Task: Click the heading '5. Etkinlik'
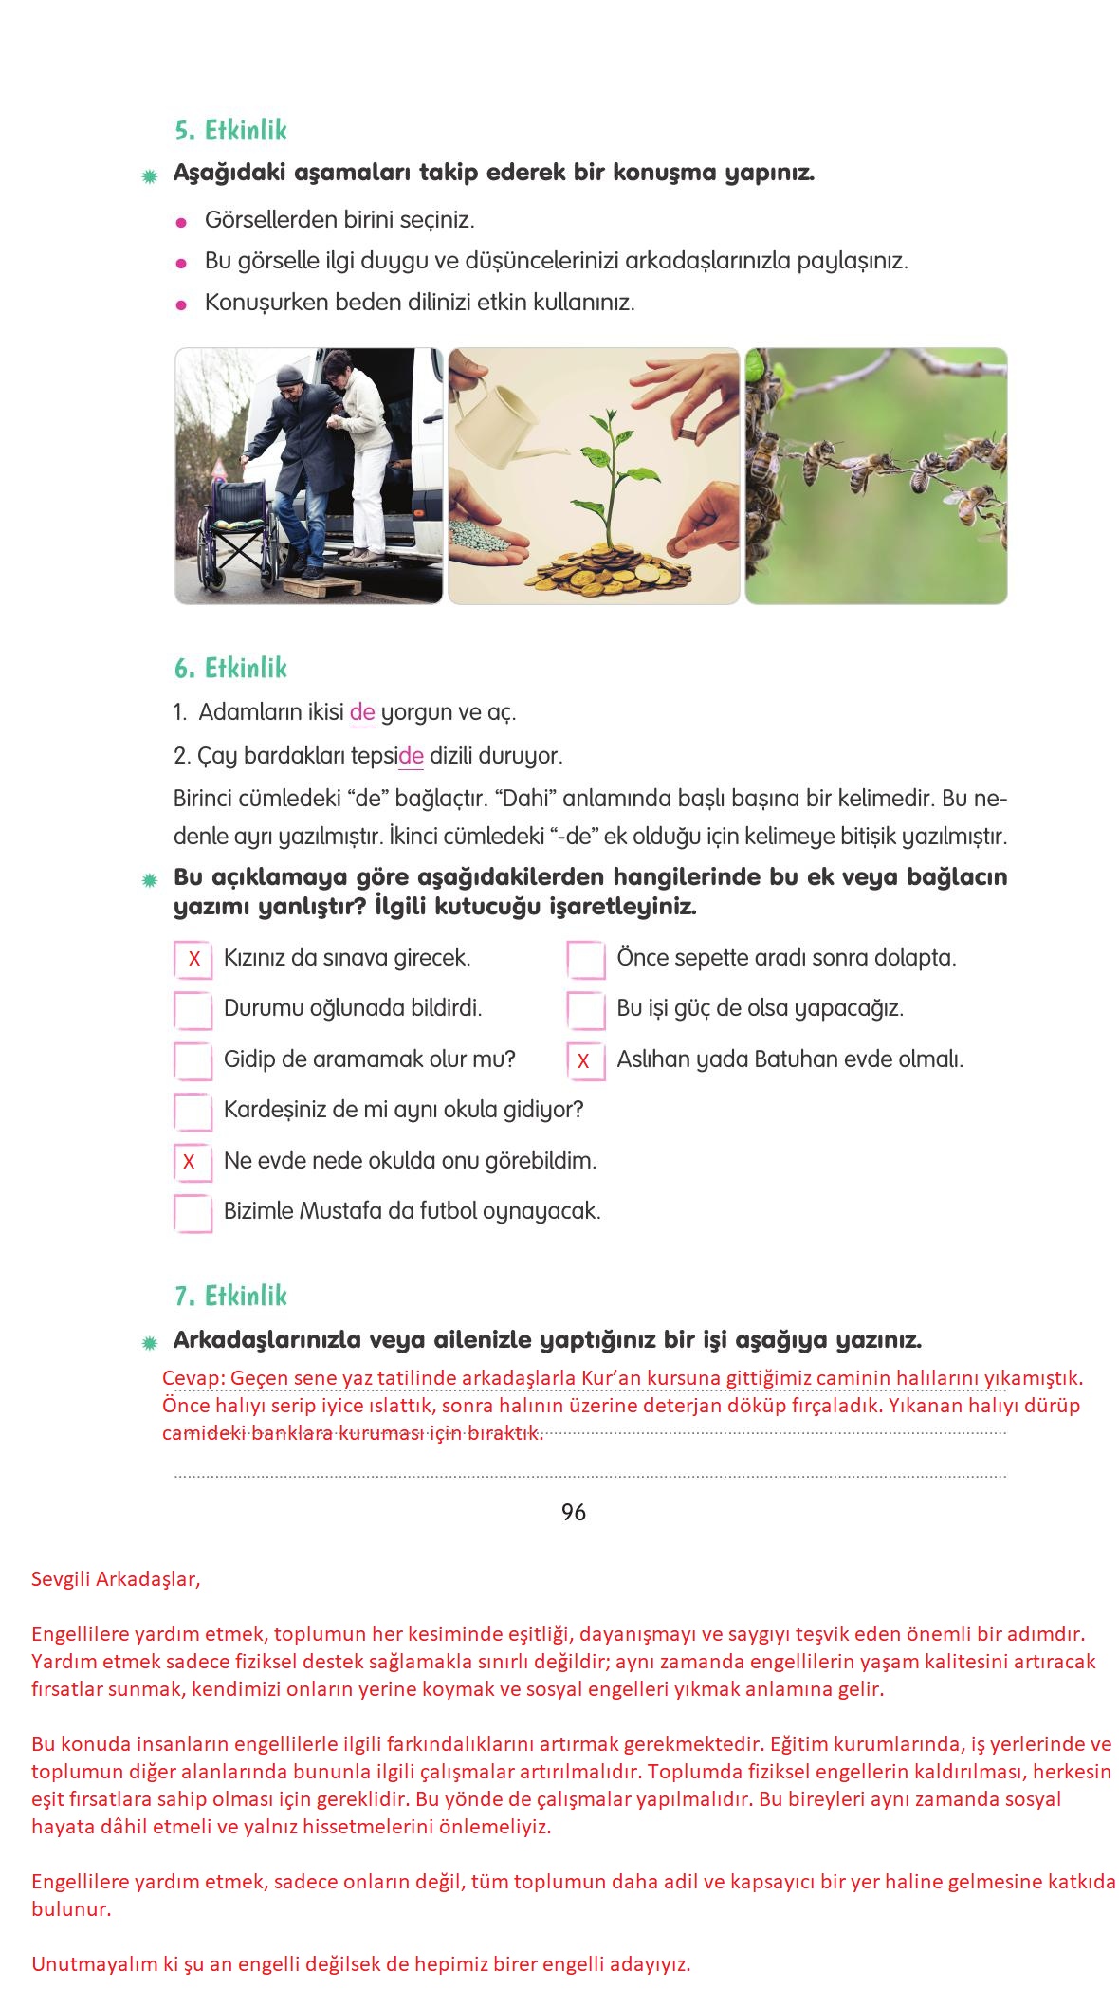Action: [230, 130]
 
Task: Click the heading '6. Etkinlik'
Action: [230, 668]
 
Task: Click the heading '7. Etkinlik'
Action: [230, 1296]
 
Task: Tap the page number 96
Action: [574, 1512]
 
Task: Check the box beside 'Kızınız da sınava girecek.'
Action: [193, 959]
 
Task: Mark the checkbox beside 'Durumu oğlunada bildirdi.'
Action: [193, 1010]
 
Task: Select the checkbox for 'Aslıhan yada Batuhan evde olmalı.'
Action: [585, 1060]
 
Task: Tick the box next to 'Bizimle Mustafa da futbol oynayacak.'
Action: [193, 1213]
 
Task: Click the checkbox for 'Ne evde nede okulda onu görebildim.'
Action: [193, 1162]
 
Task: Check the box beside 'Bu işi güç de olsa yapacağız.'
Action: [585, 1010]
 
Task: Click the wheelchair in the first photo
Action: [232, 526]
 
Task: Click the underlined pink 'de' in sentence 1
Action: [362, 712]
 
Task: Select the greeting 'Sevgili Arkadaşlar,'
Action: [116, 1579]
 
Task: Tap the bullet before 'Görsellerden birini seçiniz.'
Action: [180, 222]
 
